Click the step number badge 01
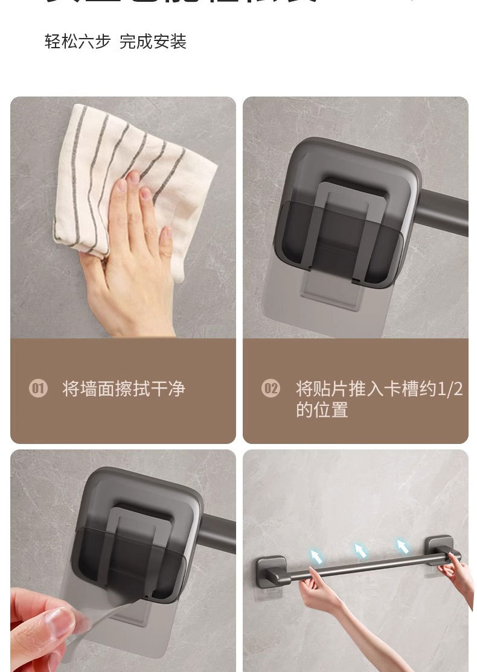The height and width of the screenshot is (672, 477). tap(38, 388)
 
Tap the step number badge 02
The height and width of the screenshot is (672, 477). tap(271, 388)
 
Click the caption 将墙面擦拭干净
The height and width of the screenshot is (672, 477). tap(123, 388)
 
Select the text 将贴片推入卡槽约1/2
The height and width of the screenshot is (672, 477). tap(379, 388)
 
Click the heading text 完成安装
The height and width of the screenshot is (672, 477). tap(153, 42)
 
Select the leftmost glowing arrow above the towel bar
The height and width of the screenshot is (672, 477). tap(316, 556)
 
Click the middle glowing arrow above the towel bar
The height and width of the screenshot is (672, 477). tap(360, 550)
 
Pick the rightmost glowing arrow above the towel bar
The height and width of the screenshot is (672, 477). tap(402, 546)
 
